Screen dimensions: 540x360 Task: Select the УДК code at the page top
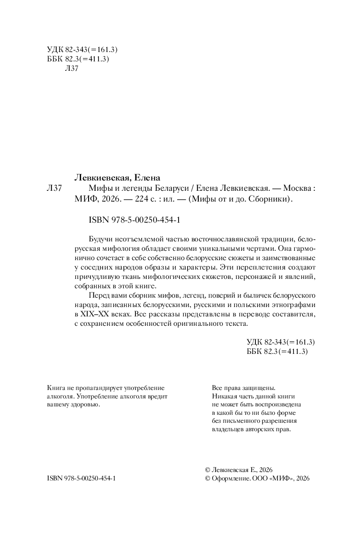click(82, 49)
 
